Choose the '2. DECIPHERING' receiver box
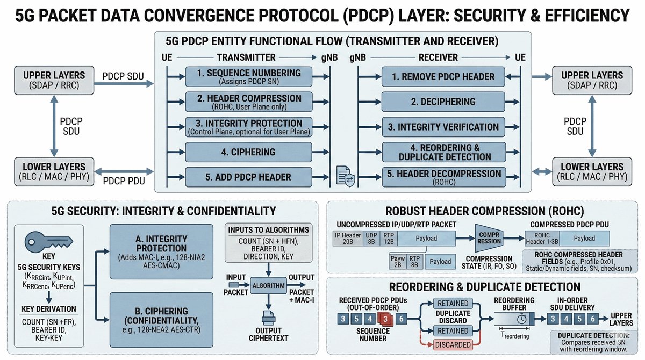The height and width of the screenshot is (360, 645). click(443, 102)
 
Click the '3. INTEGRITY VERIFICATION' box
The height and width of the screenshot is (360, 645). click(443, 127)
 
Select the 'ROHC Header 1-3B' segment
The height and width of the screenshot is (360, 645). click(543, 237)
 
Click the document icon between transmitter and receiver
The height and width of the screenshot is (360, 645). click(345, 176)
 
